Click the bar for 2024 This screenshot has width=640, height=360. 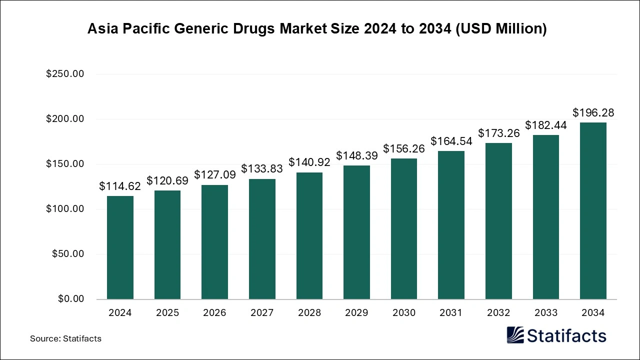[120, 247]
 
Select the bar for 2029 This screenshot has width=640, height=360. [356, 232]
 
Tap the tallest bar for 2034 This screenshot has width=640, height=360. [593, 210]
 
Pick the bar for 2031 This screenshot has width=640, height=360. [451, 225]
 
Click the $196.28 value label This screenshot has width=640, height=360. [593, 113]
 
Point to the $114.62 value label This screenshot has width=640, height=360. [120, 186]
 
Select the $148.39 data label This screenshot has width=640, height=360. [356, 156]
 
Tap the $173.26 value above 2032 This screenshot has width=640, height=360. [498, 133]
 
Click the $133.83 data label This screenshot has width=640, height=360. [262, 169]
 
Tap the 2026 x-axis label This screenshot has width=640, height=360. [214, 313]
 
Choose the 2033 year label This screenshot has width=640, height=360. [545, 313]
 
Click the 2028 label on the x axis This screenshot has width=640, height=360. [309, 313]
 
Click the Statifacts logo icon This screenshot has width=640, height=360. [515, 335]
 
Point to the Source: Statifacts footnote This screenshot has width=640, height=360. [65, 338]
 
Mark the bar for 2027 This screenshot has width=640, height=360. [262, 239]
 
